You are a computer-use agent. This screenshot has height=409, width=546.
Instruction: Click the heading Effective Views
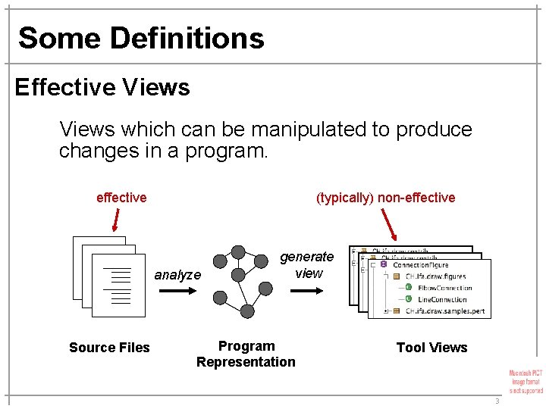point(102,87)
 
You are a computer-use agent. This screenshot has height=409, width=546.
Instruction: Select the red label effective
point(121,198)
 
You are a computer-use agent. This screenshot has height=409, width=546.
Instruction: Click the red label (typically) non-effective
point(385,198)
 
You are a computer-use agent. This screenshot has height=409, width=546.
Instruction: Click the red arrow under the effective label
point(115,220)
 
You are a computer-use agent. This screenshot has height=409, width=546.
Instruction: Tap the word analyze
point(177,275)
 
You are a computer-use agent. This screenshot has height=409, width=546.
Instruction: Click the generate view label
point(307,265)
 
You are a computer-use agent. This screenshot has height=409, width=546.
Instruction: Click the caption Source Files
point(109,348)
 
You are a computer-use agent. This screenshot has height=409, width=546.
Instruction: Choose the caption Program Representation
point(246,354)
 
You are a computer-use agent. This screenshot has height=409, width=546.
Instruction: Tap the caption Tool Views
point(431,348)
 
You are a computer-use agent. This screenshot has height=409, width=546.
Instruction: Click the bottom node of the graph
point(248,310)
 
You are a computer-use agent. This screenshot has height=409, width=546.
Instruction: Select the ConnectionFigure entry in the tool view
point(431,265)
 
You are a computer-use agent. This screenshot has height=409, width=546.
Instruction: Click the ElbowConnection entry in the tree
point(444,288)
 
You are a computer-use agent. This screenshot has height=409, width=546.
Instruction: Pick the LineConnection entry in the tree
point(441,299)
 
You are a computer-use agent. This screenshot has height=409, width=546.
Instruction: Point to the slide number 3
point(497,401)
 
